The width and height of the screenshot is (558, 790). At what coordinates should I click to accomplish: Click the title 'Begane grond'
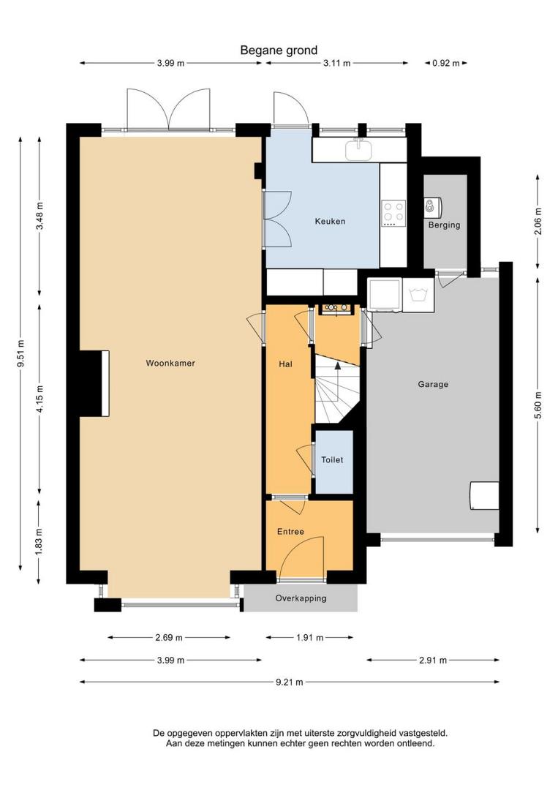(279, 50)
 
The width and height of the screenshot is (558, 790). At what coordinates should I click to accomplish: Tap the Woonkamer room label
(170, 363)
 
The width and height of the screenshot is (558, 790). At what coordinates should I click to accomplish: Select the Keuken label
(330, 221)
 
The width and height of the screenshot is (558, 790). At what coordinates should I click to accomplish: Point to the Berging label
(444, 225)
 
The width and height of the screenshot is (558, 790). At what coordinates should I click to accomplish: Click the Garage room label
(433, 385)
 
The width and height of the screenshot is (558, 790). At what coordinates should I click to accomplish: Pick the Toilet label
(332, 460)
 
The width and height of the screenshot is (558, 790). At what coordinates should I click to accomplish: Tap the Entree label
(290, 532)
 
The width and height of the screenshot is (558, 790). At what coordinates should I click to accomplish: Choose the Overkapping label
(301, 598)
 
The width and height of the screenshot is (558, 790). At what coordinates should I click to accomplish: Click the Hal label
(285, 364)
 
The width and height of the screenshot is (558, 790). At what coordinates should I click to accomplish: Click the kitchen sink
(358, 149)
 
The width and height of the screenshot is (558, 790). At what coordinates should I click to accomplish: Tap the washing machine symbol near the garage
(418, 295)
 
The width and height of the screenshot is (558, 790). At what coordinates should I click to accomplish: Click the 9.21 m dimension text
(290, 682)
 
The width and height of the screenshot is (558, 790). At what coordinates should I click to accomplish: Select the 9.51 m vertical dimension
(20, 354)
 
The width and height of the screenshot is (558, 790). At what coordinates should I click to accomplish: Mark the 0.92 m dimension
(445, 64)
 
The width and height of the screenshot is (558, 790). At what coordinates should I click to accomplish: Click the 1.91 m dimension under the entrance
(310, 638)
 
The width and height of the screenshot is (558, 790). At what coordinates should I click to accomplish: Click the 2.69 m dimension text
(169, 638)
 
